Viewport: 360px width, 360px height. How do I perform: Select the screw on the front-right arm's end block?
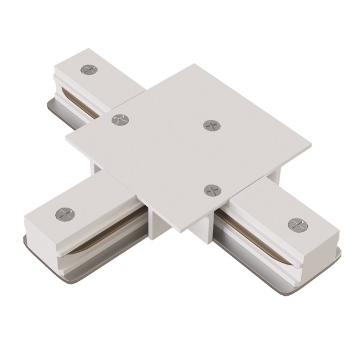point(296,225)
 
